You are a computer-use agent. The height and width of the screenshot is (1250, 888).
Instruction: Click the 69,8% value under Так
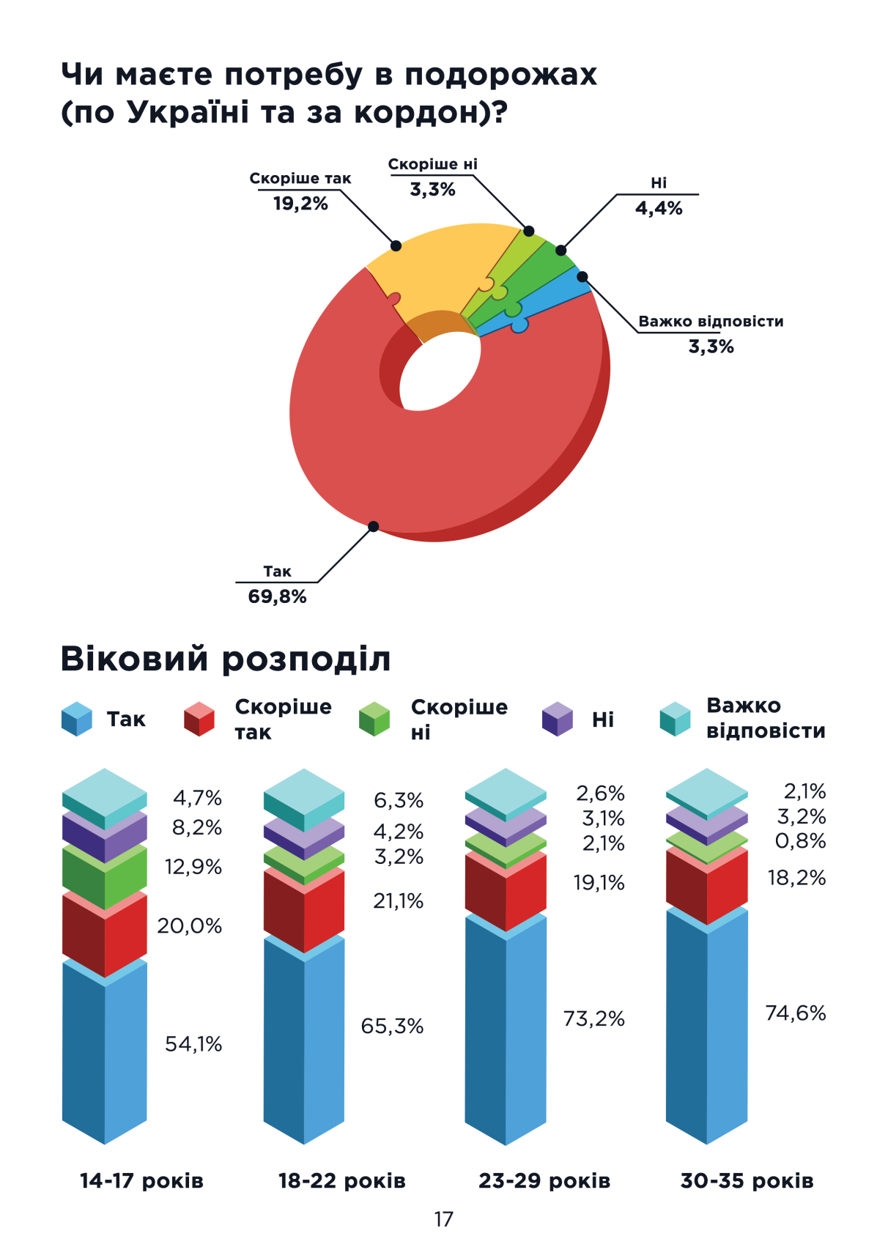277,596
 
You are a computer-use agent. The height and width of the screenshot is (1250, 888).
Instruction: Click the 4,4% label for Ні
658,209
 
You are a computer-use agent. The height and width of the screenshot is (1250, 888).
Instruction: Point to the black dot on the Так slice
373,526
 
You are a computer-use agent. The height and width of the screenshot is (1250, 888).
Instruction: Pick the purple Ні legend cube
557,719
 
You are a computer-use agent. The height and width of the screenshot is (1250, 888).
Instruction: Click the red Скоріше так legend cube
199,719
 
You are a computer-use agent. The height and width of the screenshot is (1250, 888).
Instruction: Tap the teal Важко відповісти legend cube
675,719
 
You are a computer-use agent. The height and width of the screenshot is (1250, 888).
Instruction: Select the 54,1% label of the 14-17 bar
193,1044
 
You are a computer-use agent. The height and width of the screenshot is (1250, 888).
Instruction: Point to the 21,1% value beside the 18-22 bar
398,901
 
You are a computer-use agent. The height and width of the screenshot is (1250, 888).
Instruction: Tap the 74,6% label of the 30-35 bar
795,1013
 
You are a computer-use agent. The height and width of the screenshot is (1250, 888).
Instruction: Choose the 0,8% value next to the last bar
800,841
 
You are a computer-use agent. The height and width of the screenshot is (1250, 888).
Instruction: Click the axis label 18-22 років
341,1181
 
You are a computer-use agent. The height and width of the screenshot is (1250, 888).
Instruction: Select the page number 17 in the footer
443,1219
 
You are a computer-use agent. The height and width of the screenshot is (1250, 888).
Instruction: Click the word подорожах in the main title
500,75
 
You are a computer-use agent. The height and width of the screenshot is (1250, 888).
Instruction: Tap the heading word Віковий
135,658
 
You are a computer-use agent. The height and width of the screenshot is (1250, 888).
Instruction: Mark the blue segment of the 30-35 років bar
707,1026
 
